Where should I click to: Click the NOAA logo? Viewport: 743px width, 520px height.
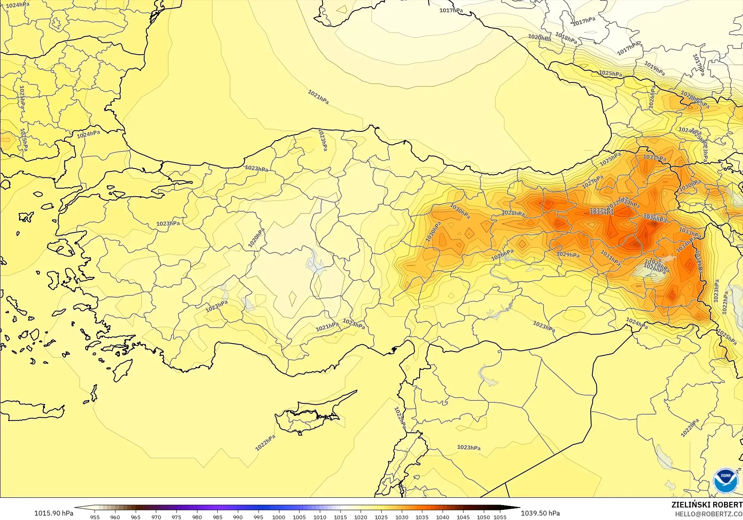tap(726, 480)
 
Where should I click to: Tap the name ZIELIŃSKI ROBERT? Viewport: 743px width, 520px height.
tap(707, 505)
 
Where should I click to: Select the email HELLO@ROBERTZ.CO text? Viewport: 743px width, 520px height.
tap(709, 514)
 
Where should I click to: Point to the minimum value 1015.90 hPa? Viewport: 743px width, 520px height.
tap(54, 513)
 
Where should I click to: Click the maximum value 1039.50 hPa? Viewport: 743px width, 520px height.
tap(540, 513)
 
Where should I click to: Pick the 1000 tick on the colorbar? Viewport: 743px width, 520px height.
tap(279, 517)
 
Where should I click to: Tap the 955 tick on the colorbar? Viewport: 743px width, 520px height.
tap(95, 517)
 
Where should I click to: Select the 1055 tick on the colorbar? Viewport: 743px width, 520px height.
tap(500, 517)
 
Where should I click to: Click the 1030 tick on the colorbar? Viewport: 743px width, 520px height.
tap(401, 517)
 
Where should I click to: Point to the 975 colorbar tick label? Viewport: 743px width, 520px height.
tap(176, 517)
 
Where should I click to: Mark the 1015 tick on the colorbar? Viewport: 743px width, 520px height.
tap(340, 517)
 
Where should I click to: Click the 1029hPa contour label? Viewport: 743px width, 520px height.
tap(568, 255)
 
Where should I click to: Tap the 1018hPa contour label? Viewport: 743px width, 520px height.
tap(566, 38)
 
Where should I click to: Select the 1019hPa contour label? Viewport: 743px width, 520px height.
tap(654, 68)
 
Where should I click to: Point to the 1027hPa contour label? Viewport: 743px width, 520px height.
tap(592, 182)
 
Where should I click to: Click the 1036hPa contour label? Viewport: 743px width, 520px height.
tap(655, 219)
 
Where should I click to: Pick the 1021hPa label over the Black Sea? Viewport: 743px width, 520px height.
tap(318, 97)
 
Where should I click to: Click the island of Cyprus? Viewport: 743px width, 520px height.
tap(307, 416)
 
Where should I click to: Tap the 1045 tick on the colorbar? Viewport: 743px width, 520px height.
tap(463, 517)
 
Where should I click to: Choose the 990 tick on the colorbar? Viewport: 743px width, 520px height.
tap(238, 517)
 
